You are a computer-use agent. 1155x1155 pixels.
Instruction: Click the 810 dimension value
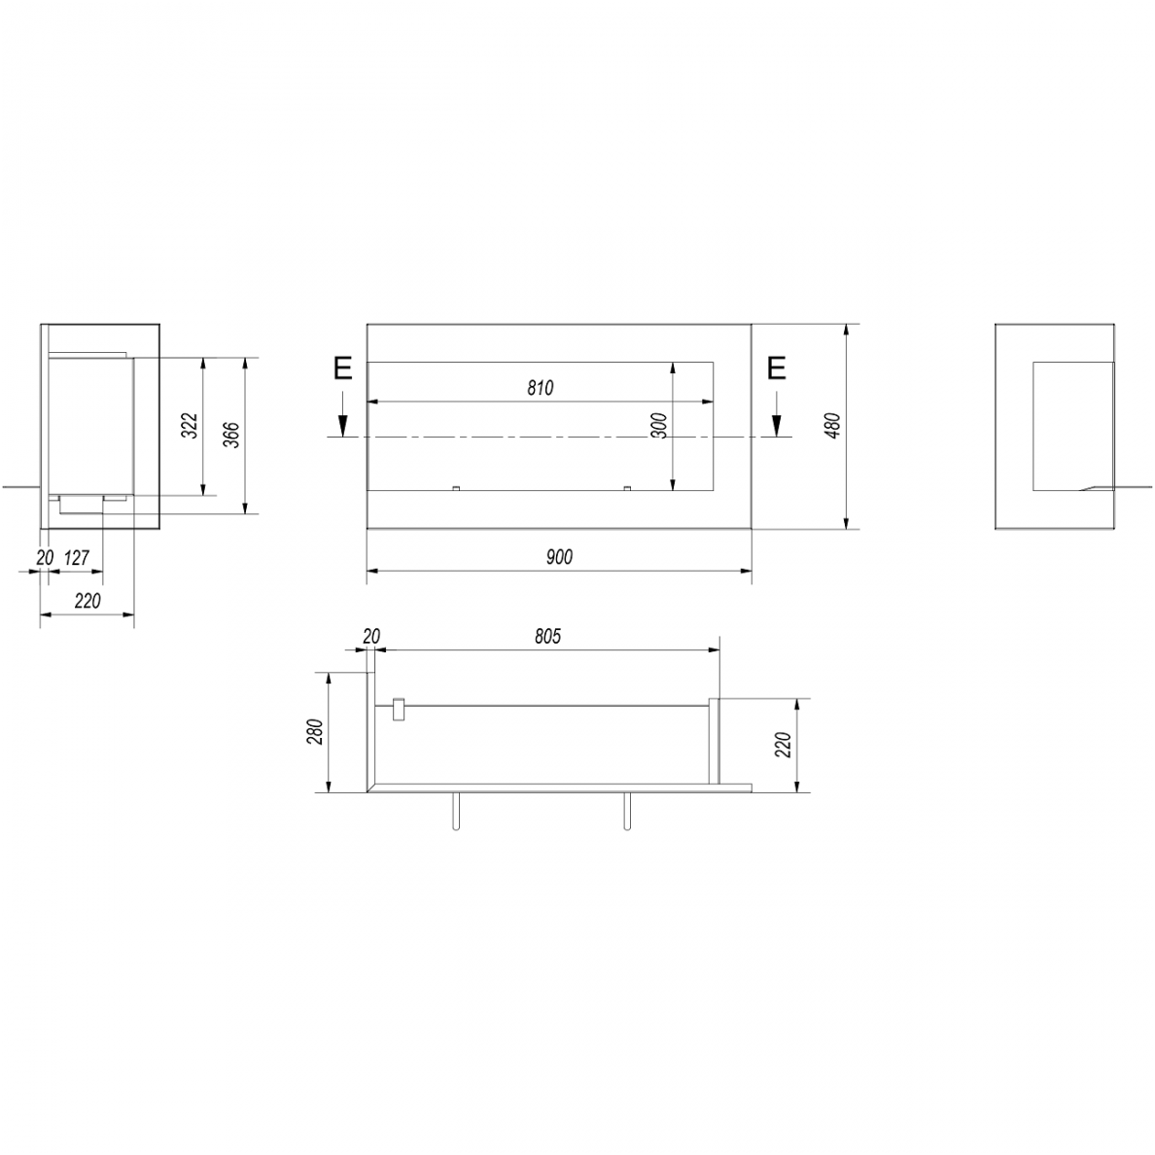coord(540,388)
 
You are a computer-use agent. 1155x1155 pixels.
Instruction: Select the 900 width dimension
coord(559,557)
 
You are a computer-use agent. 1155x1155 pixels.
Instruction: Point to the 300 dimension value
coord(659,426)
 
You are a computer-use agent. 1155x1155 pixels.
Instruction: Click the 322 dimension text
coord(190,426)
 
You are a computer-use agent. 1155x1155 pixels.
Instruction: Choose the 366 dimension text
coord(231,436)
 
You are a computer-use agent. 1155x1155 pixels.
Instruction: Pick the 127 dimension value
coord(77,558)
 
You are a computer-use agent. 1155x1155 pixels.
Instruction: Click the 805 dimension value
coord(548,637)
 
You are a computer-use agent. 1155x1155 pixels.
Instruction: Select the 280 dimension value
coord(315,731)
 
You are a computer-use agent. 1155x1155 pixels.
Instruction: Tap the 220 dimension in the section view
coord(783,745)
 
